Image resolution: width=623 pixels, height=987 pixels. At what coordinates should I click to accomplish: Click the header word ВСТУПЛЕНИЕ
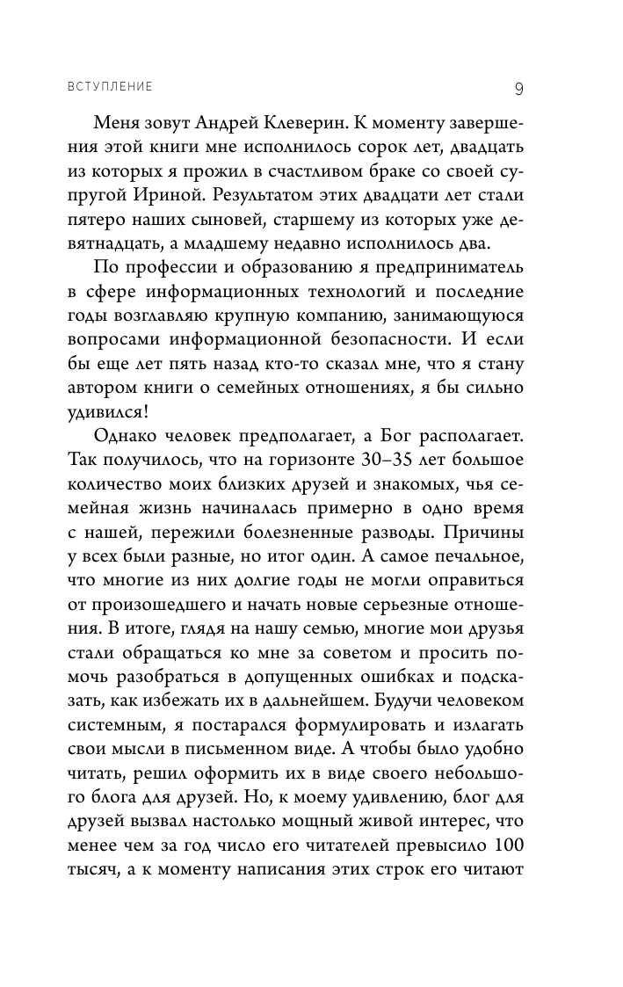(109, 87)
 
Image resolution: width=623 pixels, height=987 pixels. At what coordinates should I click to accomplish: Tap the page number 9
(519, 88)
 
